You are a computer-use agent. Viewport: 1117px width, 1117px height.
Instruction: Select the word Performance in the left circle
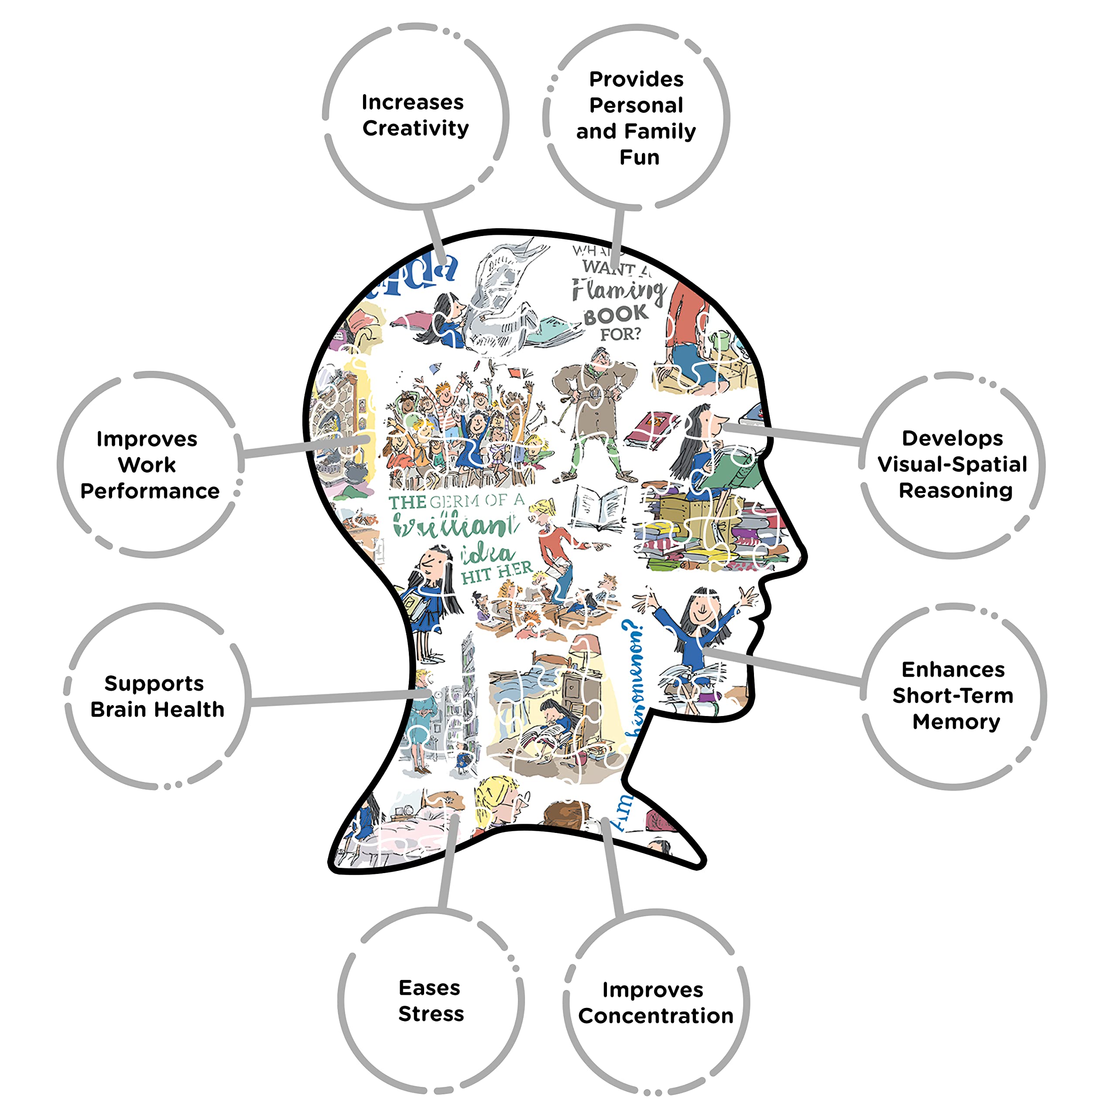point(150,491)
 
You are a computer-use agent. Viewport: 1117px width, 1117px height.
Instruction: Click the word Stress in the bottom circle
point(431,1014)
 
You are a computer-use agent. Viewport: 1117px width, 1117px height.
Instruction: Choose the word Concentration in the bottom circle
point(656,1016)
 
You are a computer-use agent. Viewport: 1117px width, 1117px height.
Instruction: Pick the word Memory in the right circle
point(956,722)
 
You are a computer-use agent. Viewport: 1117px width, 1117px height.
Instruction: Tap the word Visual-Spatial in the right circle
point(952,464)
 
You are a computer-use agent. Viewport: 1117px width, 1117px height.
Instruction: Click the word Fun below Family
point(639,157)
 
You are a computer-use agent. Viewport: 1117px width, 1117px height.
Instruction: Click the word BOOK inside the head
point(617,315)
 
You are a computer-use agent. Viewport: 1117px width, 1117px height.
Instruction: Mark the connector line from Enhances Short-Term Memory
point(786,668)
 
